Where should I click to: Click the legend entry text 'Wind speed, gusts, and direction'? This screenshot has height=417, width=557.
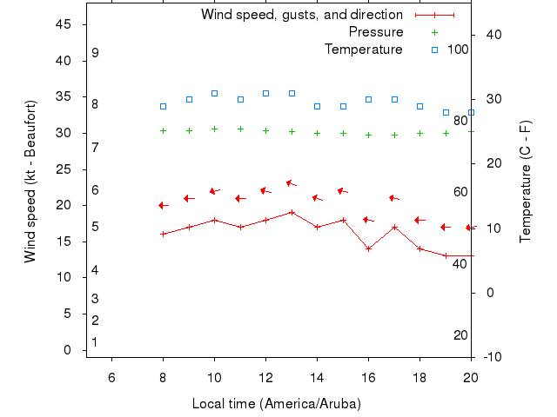(301, 15)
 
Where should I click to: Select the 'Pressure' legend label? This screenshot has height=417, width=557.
(376, 32)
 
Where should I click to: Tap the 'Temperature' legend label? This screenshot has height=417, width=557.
(364, 50)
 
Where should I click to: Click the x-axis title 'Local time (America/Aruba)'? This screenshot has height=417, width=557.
(276, 404)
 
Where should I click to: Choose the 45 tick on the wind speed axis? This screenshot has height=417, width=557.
(63, 24)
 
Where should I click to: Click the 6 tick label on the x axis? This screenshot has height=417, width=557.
(111, 376)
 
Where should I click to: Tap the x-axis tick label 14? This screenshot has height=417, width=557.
(317, 376)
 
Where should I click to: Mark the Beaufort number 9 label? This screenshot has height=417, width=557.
(95, 53)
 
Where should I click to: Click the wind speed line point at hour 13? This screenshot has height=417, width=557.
(292, 212)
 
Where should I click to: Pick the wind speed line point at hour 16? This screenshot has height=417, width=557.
(368, 248)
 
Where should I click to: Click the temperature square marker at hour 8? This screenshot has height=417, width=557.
(163, 106)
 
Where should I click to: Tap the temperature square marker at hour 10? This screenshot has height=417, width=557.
(214, 93)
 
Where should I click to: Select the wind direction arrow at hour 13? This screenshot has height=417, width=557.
(292, 183)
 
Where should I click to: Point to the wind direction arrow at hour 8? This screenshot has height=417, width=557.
(163, 205)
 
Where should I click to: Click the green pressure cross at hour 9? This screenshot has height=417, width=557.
(189, 131)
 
